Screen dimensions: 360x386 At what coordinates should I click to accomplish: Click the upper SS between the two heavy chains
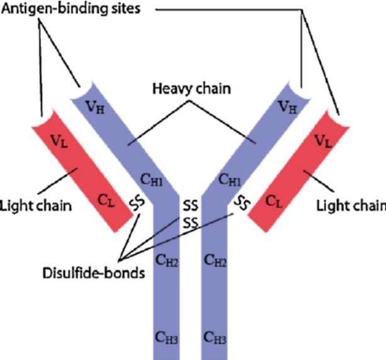click(190, 205)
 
